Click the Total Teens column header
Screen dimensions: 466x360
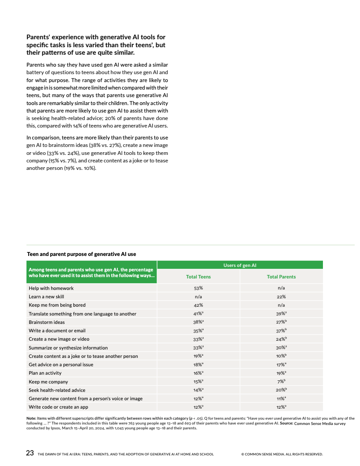pyautogui.click(x=198, y=277)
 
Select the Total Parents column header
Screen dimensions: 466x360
pyautogui.click(x=281, y=277)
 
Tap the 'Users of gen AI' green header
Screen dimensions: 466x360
pyautogui.click(x=240, y=265)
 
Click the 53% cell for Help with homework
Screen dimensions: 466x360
pyautogui.click(x=198, y=288)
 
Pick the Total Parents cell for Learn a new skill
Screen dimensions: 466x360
pyautogui.click(x=281, y=297)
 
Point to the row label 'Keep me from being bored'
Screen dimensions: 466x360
pyautogui.click(x=57, y=305)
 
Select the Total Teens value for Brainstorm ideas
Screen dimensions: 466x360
pyautogui.click(x=198, y=322)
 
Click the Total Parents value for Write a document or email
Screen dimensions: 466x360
pyautogui.click(x=281, y=331)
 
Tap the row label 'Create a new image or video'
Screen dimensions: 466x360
pyautogui.click(x=59, y=339)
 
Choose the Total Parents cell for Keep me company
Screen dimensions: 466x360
pyautogui.click(x=281, y=382)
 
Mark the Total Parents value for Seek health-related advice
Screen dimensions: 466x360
pyautogui.click(x=281, y=390)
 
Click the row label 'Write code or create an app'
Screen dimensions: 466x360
pyautogui.click(x=58, y=407)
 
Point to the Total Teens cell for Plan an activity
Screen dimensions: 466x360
pyautogui.click(x=198, y=373)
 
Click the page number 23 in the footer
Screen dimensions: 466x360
pyautogui.click(x=30, y=453)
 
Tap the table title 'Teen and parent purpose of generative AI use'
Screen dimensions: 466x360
pyautogui.click(x=82, y=254)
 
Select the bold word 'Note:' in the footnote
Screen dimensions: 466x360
pyautogui.click(x=31, y=418)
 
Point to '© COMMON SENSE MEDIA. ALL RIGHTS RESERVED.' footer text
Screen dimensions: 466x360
pyautogui.click(x=282, y=454)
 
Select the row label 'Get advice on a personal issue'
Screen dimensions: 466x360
pyautogui.click(x=61, y=365)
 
